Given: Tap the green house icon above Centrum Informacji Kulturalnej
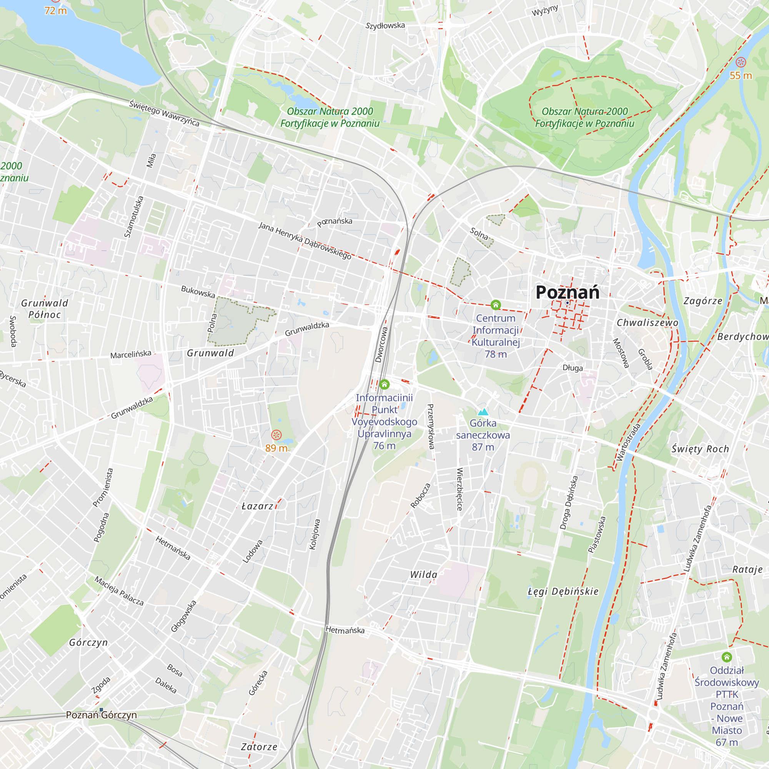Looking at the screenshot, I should click(x=496, y=305).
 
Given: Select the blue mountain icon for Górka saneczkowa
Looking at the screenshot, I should click(x=483, y=411).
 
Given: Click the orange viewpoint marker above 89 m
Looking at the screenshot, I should click(x=276, y=434).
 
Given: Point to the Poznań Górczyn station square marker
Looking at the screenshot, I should click(x=102, y=710).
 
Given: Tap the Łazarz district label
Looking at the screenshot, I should click(x=258, y=506).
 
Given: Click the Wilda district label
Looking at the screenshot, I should click(x=423, y=574).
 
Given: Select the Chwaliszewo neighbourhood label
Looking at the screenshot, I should click(x=647, y=323).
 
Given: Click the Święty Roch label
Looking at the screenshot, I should click(x=700, y=449).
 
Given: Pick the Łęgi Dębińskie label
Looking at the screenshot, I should click(x=563, y=591).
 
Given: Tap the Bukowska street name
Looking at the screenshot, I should click(x=198, y=292).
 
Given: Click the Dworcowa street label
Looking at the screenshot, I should click(x=381, y=345).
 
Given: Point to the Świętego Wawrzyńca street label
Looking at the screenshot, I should click(x=164, y=113).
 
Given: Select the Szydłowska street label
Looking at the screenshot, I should click(x=385, y=26).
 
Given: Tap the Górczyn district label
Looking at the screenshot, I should click(x=88, y=643).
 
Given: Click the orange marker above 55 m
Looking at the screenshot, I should click(x=740, y=62).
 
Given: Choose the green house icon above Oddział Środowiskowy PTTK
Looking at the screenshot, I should click(x=726, y=657).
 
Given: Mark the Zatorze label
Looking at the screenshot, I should click(x=259, y=747).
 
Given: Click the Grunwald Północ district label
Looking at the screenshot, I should click(x=45, y=308).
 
